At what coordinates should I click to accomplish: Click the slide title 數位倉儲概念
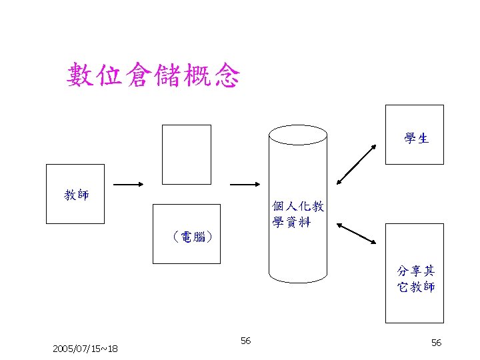tap(153, 76)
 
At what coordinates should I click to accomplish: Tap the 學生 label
tap(416, 139)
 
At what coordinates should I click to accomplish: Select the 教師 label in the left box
tap(76, 195)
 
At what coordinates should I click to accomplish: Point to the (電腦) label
tap(191, 237)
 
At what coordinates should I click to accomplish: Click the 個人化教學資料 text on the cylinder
tap(298, 214)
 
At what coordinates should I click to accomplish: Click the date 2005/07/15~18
tap(85, 348)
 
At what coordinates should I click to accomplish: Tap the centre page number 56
tap(245, 341)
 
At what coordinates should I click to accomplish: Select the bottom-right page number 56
tap(436, 343)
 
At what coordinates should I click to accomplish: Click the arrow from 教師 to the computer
tap(128, 185)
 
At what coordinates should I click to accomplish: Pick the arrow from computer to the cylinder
tap(244, 185)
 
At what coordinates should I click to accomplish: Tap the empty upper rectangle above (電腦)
tap(187, 154)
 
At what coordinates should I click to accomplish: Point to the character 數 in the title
tap(80, 76)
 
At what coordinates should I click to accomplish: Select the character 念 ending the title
tap(226, 76)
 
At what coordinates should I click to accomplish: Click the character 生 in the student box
tap(423, 139)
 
